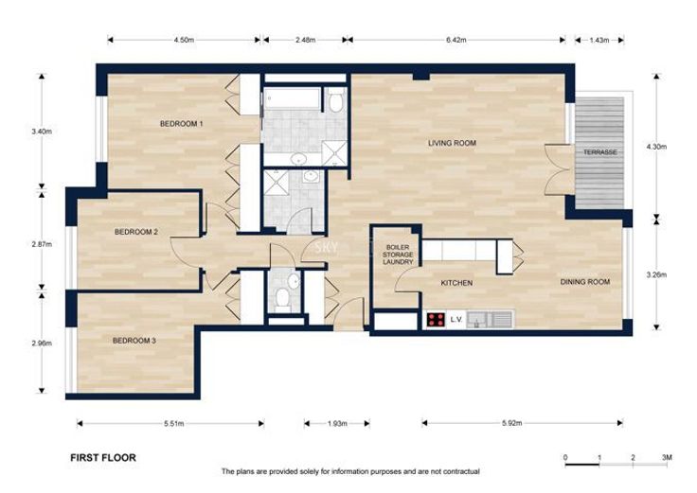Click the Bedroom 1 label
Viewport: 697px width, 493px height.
181,124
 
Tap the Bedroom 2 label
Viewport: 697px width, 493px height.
136,232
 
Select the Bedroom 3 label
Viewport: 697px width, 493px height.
134,341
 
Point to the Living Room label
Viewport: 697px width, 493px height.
452,143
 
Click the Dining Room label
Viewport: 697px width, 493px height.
584,282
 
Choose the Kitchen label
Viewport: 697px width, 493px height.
456,283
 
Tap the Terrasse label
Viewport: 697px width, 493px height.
600,152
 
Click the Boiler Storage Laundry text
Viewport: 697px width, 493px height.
398,255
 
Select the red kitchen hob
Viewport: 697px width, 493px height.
436,320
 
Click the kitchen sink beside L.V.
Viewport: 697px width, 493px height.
490,319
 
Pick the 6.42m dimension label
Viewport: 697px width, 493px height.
456,40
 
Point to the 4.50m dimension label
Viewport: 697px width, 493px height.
184,40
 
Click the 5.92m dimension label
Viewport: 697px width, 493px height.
511,423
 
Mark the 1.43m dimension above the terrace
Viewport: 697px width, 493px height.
599,40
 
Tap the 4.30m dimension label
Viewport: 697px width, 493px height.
656,147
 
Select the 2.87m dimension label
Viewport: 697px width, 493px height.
42,244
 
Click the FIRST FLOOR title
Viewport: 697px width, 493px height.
103,458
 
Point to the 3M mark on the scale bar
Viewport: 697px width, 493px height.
667,457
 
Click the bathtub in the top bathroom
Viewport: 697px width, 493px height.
292,98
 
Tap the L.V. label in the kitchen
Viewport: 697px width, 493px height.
456,319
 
